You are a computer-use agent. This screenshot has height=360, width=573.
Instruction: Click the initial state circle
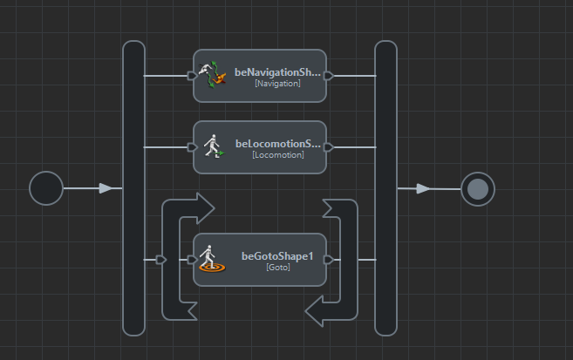pyautogui.click(x=46, y=188)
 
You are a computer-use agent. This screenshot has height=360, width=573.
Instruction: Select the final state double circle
pyautogui.click(x=477, y=189)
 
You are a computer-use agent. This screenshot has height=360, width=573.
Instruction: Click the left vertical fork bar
pyautogui.click(x=133, y=188)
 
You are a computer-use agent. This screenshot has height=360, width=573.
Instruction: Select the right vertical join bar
pyautogui.click(x=385, y=188)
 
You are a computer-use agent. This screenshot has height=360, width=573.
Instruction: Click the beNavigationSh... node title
pyautogui.click(x=277, y=72)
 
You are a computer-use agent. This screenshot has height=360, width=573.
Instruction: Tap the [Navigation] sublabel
pyautogui.click(x=277, y=84)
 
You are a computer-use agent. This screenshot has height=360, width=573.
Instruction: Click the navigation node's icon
pyautogui.click(x=213, y=75)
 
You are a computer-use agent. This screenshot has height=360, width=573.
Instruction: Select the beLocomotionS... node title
pyautogui.click(x=277, y=144)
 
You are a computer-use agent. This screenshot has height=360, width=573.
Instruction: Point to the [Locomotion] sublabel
pyautogui.click(x=277, y=155)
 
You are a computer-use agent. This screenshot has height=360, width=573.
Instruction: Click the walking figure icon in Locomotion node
pyautogui.click(x=213, y=146)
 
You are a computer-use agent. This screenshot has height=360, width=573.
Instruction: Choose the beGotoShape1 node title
pyautogui.click(x=277, y=256)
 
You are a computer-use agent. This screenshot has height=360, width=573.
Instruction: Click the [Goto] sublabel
pyautogui.click(x=277, y=268)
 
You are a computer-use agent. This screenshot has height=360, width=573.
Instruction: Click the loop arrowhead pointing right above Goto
pyautogui.click(x=204, y=208)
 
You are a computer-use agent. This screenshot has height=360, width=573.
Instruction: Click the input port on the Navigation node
pyautogui.click(x=192, y=76)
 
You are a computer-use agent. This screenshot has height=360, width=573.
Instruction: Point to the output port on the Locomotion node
pyautogui.click(x=329, y=147)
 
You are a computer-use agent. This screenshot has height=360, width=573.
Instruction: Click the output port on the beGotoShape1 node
pyautogui.click(x=329, y=260)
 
